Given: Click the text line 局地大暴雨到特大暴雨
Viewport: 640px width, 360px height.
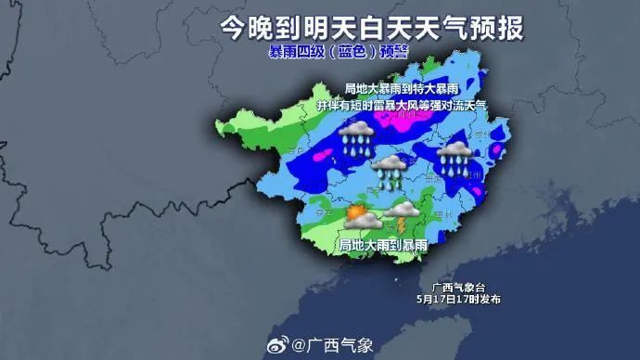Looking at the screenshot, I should point(402,88).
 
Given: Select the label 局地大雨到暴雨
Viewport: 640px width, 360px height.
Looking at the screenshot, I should point(383,245).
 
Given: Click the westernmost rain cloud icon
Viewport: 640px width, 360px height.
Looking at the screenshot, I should point(357,139).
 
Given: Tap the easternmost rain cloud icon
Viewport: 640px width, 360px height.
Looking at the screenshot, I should point(454,159).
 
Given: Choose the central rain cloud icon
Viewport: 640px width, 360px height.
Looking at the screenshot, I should point(390,173).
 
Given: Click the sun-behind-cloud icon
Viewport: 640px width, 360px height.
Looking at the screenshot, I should point(358,217).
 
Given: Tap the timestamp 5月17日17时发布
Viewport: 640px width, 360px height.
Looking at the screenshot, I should point(458,299).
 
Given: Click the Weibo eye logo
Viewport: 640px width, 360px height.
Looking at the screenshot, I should point(277,346).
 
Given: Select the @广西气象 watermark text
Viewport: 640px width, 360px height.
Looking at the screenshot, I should point(333,346).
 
